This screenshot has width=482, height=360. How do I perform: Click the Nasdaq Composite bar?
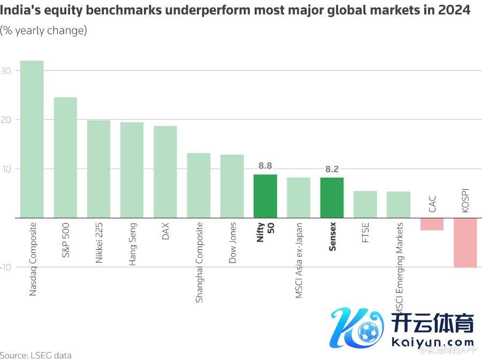(x=32, y=139)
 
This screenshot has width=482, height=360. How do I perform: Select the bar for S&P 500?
(x=65, y=157)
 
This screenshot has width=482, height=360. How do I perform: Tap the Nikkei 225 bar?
(x=98, y=169)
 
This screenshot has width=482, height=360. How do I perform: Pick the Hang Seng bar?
(x=132, y=170)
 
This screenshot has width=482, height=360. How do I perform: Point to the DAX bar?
(x=165, y=172)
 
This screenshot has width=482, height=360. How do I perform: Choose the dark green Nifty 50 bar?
(x=265, y=196)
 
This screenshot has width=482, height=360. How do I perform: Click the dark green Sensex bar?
(x=332, y=198)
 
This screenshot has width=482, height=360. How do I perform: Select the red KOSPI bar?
(x=465, y=242)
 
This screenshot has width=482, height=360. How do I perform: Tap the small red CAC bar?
(x=432, y=224)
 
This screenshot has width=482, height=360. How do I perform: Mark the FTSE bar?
(x=365, y=204)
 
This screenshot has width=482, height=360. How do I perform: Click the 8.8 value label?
(x=265, y=166)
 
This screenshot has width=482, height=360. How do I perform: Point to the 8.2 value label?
(x=332, y=169)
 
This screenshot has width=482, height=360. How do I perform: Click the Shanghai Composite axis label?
(x=199, y=263)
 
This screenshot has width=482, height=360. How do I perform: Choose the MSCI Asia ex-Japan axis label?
(x=299, y=261)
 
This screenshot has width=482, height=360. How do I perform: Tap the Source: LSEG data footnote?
(x=35, y=355)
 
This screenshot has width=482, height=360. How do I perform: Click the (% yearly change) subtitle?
(x=43, y=30)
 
